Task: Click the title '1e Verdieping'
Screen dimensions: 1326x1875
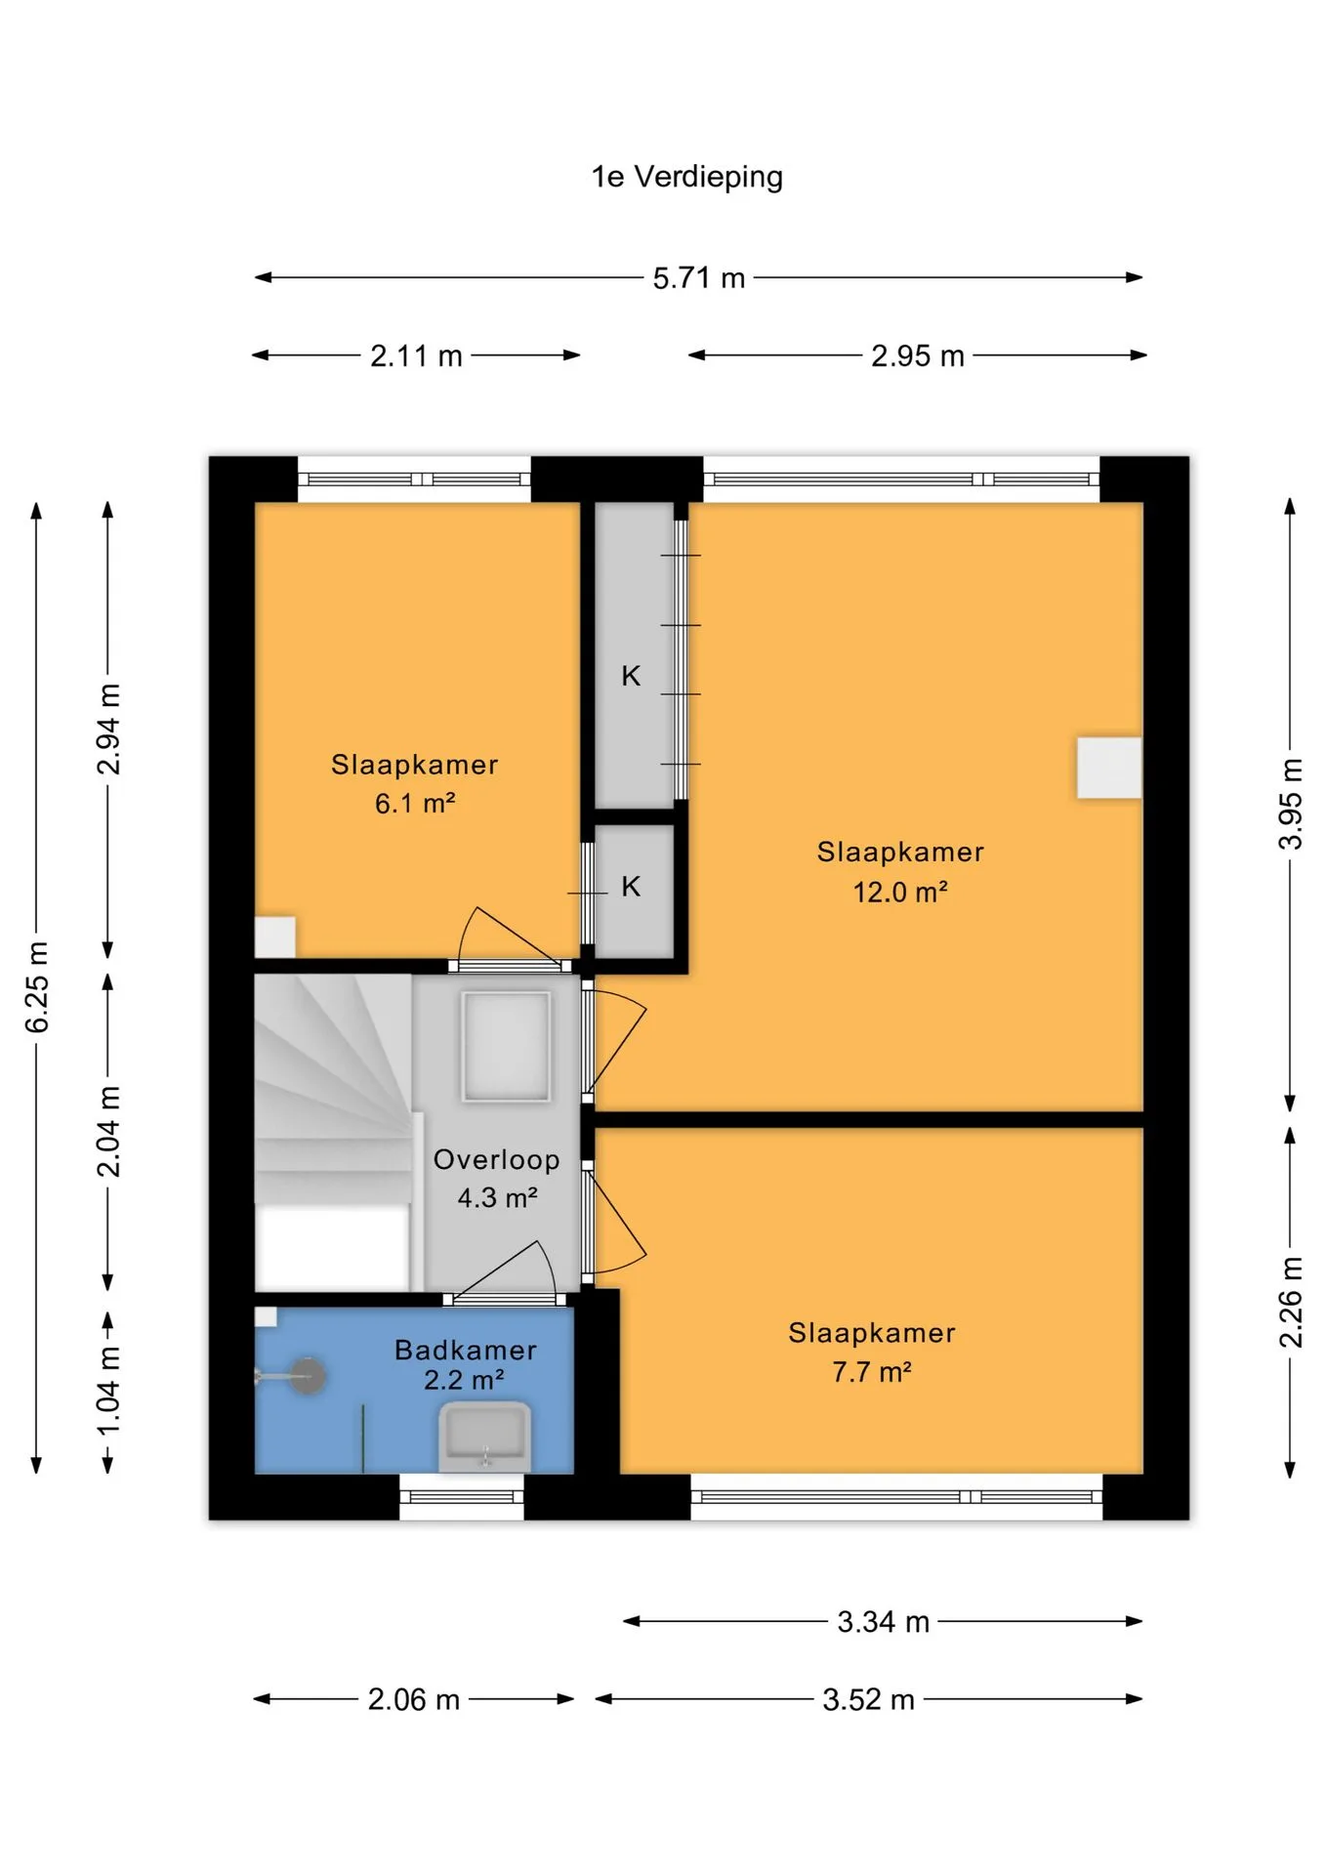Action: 686,177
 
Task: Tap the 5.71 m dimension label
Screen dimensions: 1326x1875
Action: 699,278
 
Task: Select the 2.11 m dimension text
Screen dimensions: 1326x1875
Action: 416,356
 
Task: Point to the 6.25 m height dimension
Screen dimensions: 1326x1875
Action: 36,987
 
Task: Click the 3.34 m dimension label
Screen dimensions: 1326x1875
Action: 883,1622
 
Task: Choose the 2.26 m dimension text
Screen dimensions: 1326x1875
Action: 1291,1303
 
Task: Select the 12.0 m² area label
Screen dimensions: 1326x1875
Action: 900,892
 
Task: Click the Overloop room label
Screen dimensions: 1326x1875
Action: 496,1159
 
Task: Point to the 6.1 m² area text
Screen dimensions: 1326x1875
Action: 415,804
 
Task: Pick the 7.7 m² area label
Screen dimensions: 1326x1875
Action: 871,1372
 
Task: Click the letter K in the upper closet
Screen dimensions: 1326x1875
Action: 631,676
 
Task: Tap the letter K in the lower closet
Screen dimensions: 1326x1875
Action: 631,886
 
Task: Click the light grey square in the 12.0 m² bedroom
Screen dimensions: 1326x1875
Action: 1109,768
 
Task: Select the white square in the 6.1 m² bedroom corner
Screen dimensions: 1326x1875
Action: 274,937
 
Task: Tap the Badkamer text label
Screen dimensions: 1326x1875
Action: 466,1350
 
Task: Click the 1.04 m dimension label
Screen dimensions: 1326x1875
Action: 107,1390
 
